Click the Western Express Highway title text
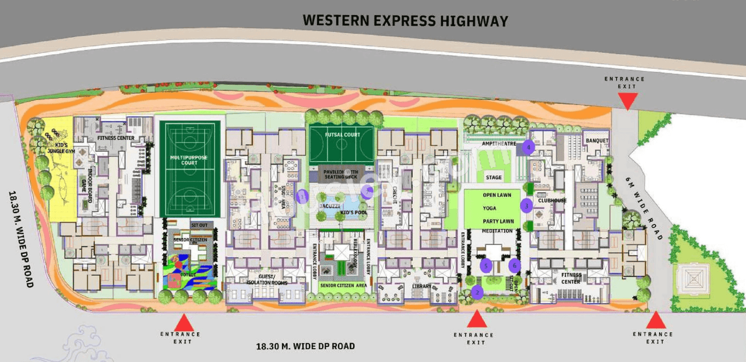406,21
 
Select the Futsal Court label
343,135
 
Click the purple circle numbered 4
528,147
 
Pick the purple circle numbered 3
526,205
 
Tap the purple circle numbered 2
477,292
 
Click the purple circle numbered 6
513,266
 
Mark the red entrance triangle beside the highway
627,101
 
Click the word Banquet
597,141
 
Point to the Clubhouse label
552,200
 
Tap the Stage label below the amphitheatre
493,178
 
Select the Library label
421,286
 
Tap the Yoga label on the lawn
490,208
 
